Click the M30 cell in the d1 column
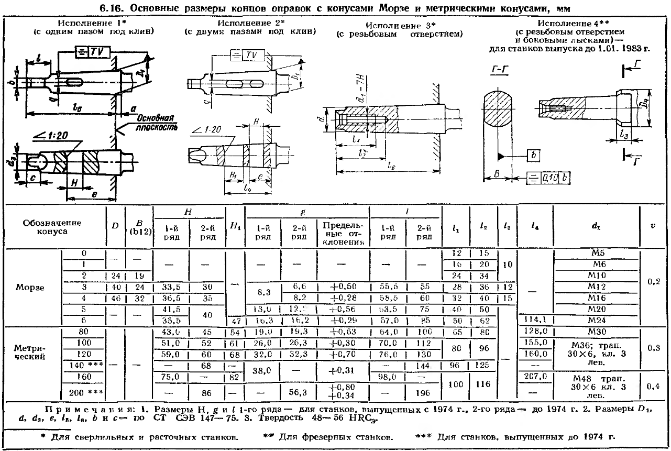(x=597, y=332)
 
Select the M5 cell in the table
(x=597, y=253)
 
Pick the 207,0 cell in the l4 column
(x=534, y=376)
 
